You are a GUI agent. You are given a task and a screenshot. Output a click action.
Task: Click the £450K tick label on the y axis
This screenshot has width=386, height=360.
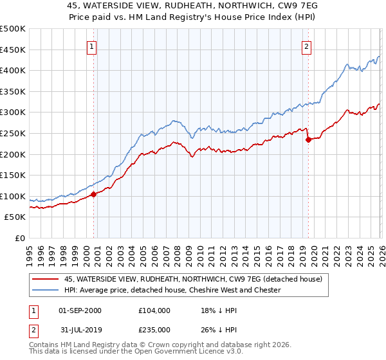tap(13, 50)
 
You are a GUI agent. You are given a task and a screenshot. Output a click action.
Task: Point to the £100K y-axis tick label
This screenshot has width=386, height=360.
tap(13, 196)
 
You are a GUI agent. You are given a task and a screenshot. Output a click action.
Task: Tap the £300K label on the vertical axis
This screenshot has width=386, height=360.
tap(13, 113)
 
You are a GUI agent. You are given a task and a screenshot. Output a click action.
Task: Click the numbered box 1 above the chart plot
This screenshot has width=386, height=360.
tap(92, 46)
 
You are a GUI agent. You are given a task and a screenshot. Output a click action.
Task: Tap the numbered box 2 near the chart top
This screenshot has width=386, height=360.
tap(307, 46)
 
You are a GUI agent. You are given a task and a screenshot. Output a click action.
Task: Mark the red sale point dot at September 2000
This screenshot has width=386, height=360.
tap(93, 194)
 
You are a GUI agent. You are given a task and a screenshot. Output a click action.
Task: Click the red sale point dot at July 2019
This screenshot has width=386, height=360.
tap(308, 139)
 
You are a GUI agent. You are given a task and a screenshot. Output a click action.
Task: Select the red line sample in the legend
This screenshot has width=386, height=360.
tap(45, 279)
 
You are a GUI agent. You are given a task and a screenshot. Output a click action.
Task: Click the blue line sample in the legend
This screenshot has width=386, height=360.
tap(45, 290)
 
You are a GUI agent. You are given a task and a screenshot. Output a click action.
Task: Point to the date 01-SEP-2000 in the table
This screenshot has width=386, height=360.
tap(80, 310)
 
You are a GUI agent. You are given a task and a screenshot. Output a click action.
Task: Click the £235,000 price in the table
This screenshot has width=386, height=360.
tap(154, 329)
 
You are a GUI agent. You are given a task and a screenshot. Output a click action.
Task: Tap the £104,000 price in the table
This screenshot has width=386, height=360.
tap(154, 310)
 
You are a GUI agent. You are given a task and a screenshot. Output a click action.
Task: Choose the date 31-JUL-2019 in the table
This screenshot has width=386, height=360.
tap(79, 329)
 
